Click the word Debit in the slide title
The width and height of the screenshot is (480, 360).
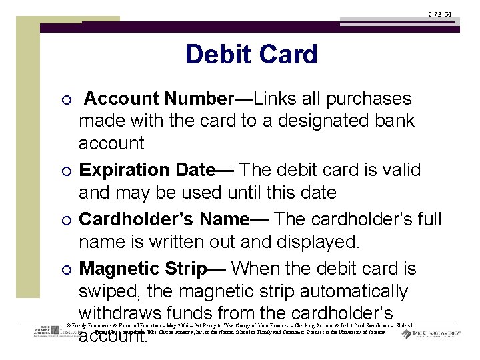(217, 55)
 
